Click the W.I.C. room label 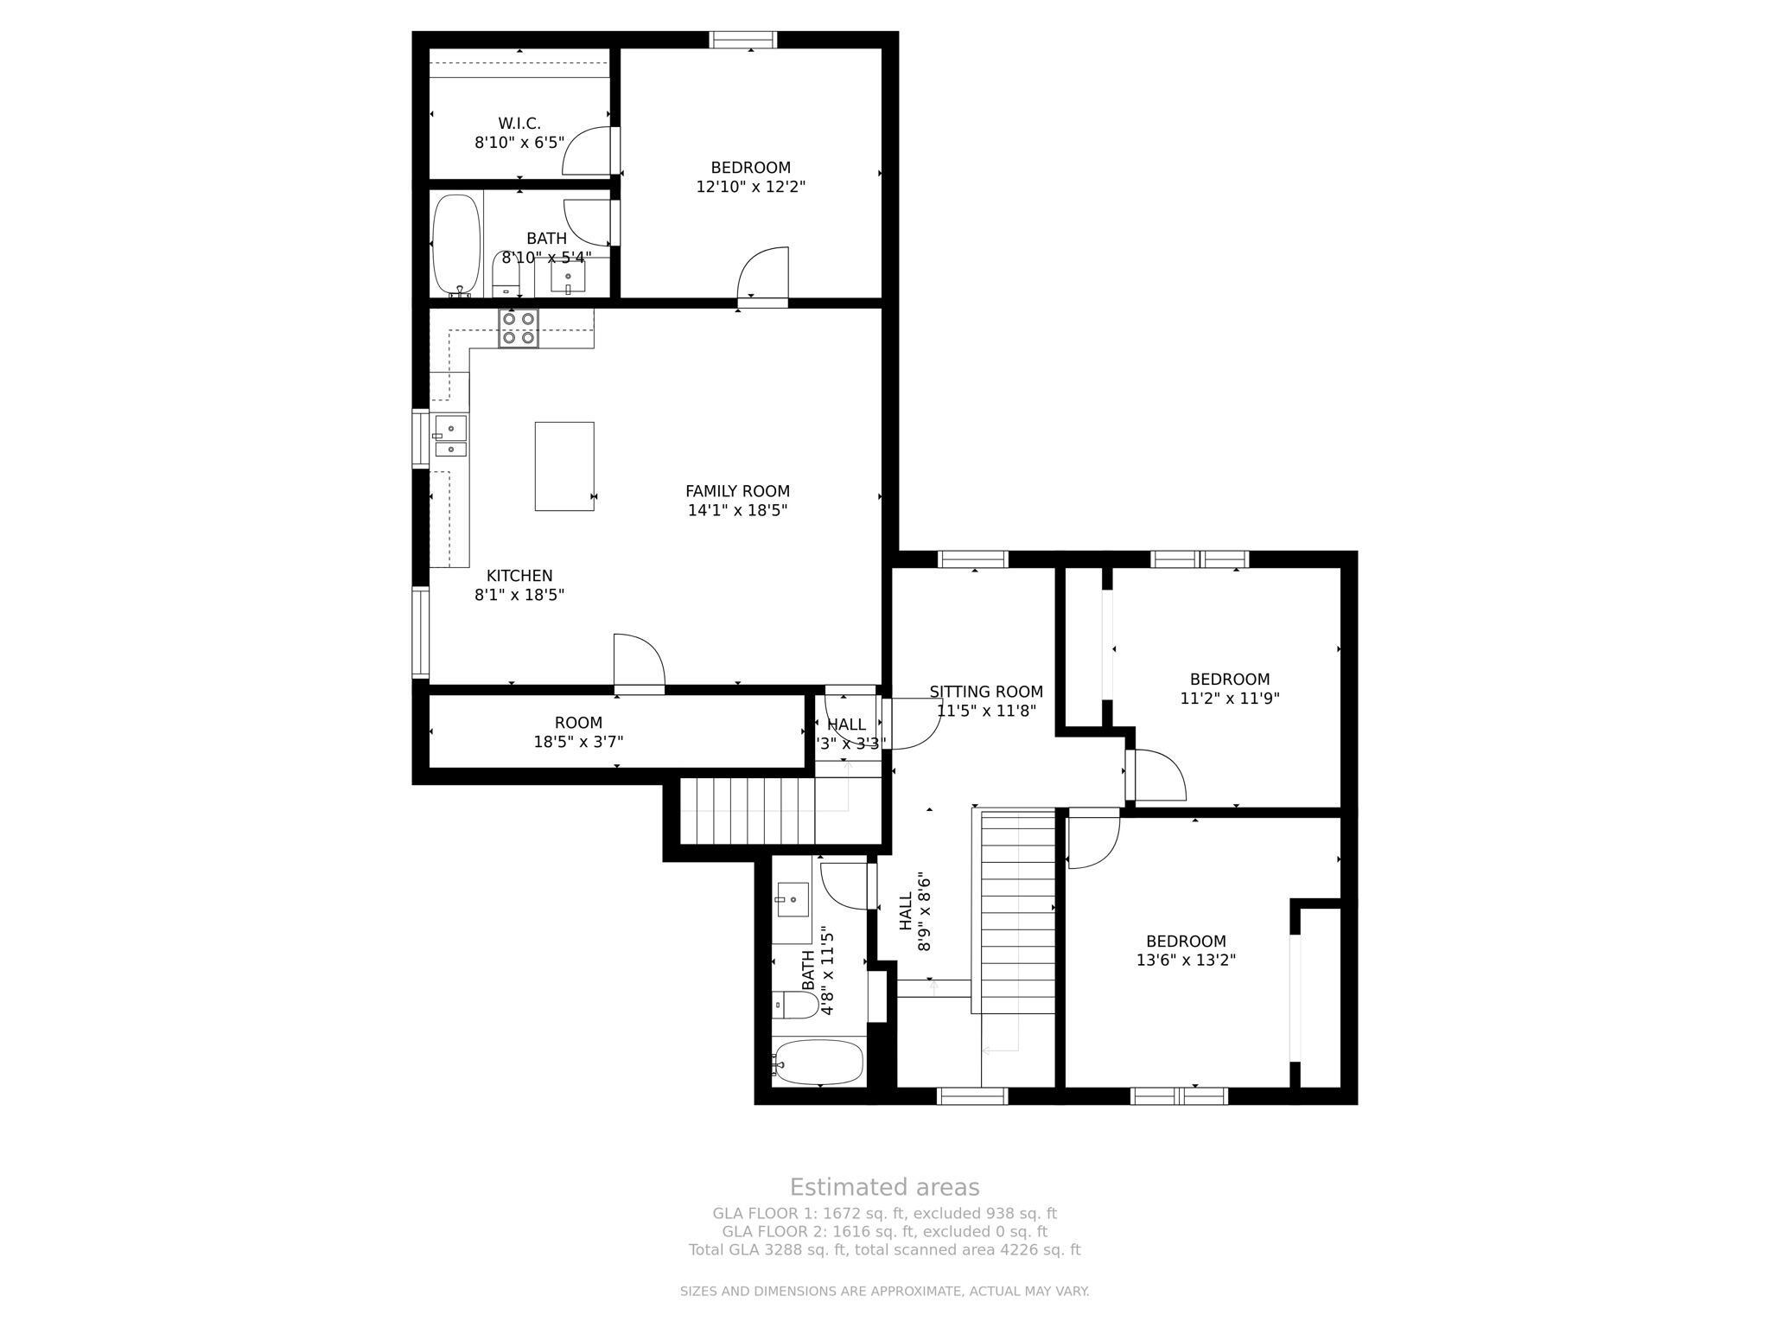pyautogui.click(x=519, y=124)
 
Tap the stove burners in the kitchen pyautogui.click(x=518, y=329)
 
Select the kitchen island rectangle pyautogui.click(x=564, y=466)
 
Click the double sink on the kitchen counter pyautogui.click(x=450, y=437)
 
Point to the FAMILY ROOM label pyautogui.click(x=737, y=491)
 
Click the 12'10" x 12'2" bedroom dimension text pyautogui.click(x=750, y=187)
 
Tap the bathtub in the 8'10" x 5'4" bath pyautogui.click(x=455, y=245)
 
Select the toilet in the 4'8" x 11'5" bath pyautogui.click(x=796, y=1005)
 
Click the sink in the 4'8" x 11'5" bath pyautogui.click(x=791, y=899)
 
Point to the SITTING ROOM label pyautogui.click(x=986, y=692)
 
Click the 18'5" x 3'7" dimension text pyautogui.click(x=578, y=742)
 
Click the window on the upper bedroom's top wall pyautogui.click(x=743, y=40)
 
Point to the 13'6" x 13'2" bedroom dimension pyautogui.click(x=1186, y=960)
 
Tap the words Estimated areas pyautogui.click(x=884, y=1187)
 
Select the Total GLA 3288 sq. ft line pyautogui.click(x=884, y=1250)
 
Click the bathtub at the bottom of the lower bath pyautogui.click(x=818, y=1062)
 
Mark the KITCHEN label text pyautogui.click(x=519, y=576)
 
